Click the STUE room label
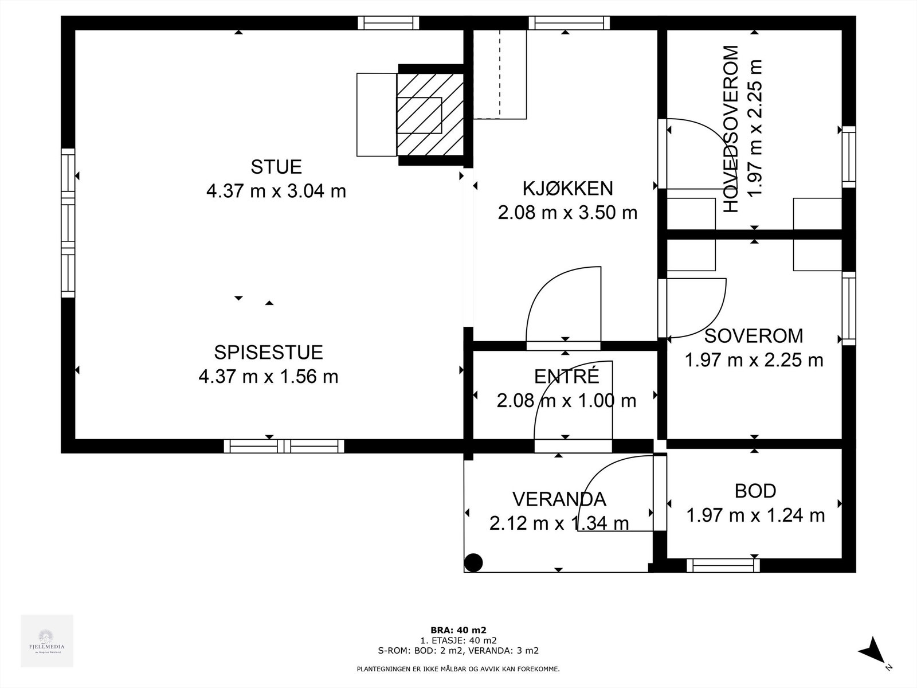click(276, 167)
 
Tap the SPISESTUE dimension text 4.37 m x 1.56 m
click(268, 377)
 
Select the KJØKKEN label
click(567, 188)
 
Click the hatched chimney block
click(430, 115)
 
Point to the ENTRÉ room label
click(566, 377)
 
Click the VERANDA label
click(559, 499)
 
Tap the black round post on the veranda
click(473, 563)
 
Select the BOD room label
click(755, 491)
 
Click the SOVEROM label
click(754, 335)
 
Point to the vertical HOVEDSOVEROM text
click(731, 129)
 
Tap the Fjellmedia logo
click(47, 640)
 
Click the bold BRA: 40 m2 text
click(458, 630)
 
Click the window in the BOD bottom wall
click(723, 565)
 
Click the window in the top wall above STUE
click(388, 23)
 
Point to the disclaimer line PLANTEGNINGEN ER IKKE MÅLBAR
click(458, 669)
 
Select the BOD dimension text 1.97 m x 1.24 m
click(755, 515)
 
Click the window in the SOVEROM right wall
click(848, 308)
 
